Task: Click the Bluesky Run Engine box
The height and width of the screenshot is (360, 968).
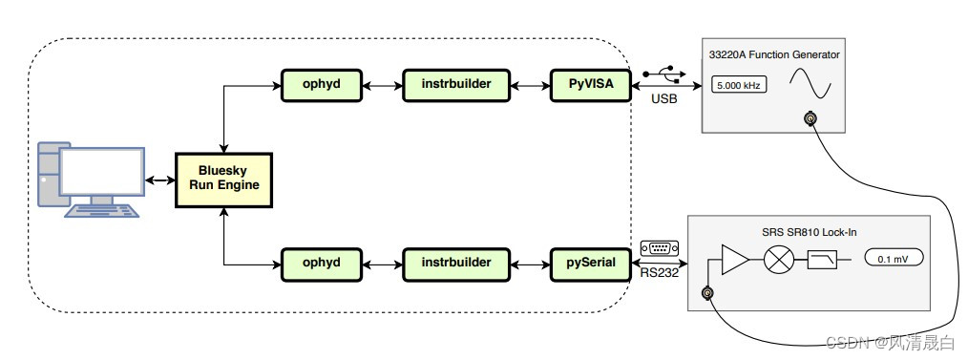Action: (224, 179)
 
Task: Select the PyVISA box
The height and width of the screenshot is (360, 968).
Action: (590, 85)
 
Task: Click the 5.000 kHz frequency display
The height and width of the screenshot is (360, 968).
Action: (736, 86)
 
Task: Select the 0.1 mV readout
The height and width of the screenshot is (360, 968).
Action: (894, 258)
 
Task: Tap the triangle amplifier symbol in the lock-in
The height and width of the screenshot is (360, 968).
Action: (733, 259)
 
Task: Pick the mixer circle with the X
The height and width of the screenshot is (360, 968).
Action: (778, 259)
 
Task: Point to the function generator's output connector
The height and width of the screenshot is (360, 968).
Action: (810, 119)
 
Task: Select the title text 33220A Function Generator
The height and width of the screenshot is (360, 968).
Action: (774, 54)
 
